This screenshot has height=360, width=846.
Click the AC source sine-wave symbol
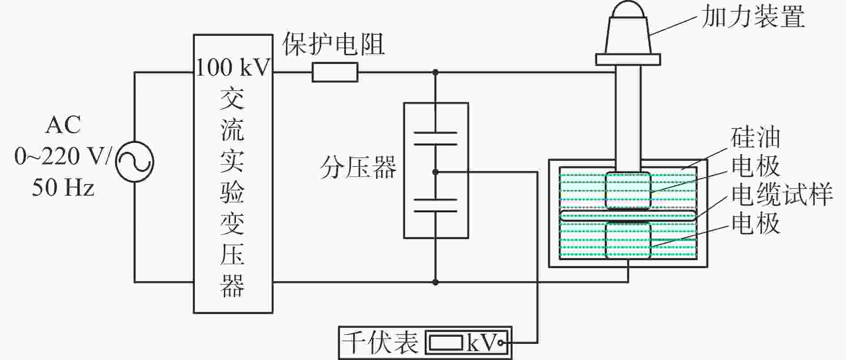click(134, 162)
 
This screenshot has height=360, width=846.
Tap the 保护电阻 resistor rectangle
click(335, 72)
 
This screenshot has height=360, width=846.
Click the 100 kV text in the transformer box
click(234, 68)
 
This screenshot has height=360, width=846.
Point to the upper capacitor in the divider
click(436, 138)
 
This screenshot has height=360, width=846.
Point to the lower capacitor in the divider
click(436, 205)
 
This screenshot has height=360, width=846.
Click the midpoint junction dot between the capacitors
click(436, 172)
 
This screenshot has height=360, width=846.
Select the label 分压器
click(358, 168)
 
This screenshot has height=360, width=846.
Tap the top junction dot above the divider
click(436, 72)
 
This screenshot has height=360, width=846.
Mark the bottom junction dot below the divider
click(436, 282)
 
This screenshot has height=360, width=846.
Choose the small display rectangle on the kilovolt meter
click(446, 343)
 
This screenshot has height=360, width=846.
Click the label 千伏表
click(380, 343)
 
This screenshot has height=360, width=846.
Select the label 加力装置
click(753, 17)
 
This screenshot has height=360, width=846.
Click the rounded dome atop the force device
click(628, 10)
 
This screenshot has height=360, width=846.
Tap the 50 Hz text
click(63, 188)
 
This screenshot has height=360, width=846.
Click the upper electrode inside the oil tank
click(628, 190)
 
